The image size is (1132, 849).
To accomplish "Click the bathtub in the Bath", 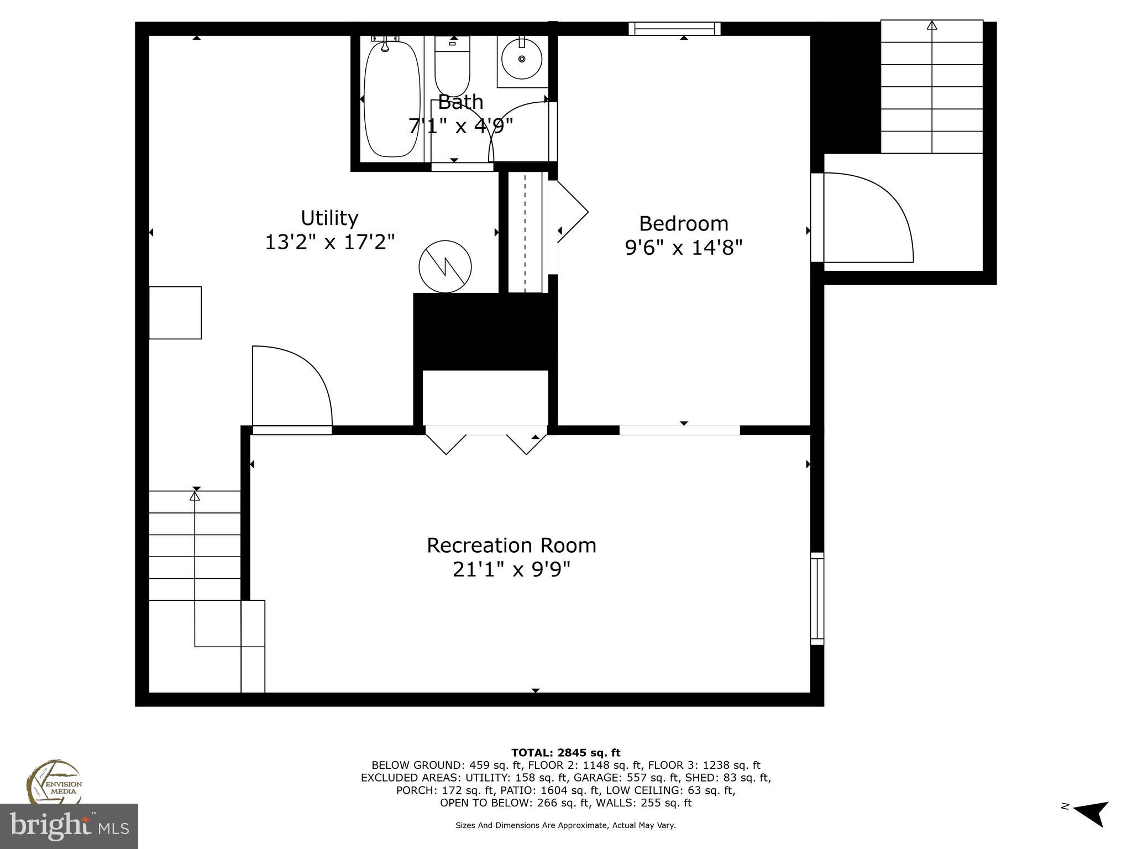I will pos(392,99).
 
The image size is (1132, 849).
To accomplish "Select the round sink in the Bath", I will pos(521,59).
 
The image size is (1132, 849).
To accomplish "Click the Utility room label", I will pos(329,218).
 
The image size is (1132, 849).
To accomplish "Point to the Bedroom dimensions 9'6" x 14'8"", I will pos(683,248).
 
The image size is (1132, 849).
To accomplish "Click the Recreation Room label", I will pos(511,546).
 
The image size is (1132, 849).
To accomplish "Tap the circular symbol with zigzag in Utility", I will pos(445,266).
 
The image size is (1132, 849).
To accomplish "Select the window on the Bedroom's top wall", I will pos(674,29).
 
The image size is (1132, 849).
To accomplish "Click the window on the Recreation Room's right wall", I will pos(817,598).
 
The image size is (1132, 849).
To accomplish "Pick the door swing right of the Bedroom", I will pos(865,218).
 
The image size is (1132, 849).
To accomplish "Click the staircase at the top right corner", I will pos(931,87).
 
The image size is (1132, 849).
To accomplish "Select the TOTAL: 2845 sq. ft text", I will pos(565,753).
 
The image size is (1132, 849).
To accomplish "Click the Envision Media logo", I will pos(54,782).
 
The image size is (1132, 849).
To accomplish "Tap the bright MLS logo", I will pos(69,826).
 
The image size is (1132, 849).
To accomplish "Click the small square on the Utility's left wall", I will pos(175,312).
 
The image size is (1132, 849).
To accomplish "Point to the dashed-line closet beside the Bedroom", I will pos(526,232).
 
